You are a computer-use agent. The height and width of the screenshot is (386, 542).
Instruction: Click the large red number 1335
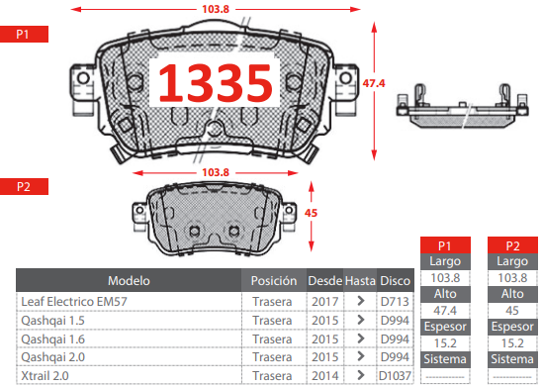point(215,83)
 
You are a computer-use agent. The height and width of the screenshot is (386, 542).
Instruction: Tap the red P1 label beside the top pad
point(24,35)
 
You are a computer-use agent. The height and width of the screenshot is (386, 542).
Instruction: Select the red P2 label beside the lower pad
point(24,187)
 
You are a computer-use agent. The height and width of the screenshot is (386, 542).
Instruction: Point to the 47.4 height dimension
point(374,83)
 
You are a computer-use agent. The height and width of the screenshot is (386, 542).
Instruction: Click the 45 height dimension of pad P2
point(311,213)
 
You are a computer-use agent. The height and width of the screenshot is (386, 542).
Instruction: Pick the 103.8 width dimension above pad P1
point(216,9)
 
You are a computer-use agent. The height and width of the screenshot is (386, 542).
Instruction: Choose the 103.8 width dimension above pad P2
point(216,172)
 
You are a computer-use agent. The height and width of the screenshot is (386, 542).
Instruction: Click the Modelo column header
point(129,280)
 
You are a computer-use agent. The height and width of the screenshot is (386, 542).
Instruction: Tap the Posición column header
point(274,280)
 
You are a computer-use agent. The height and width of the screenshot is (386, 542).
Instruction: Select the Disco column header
point(395,280)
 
